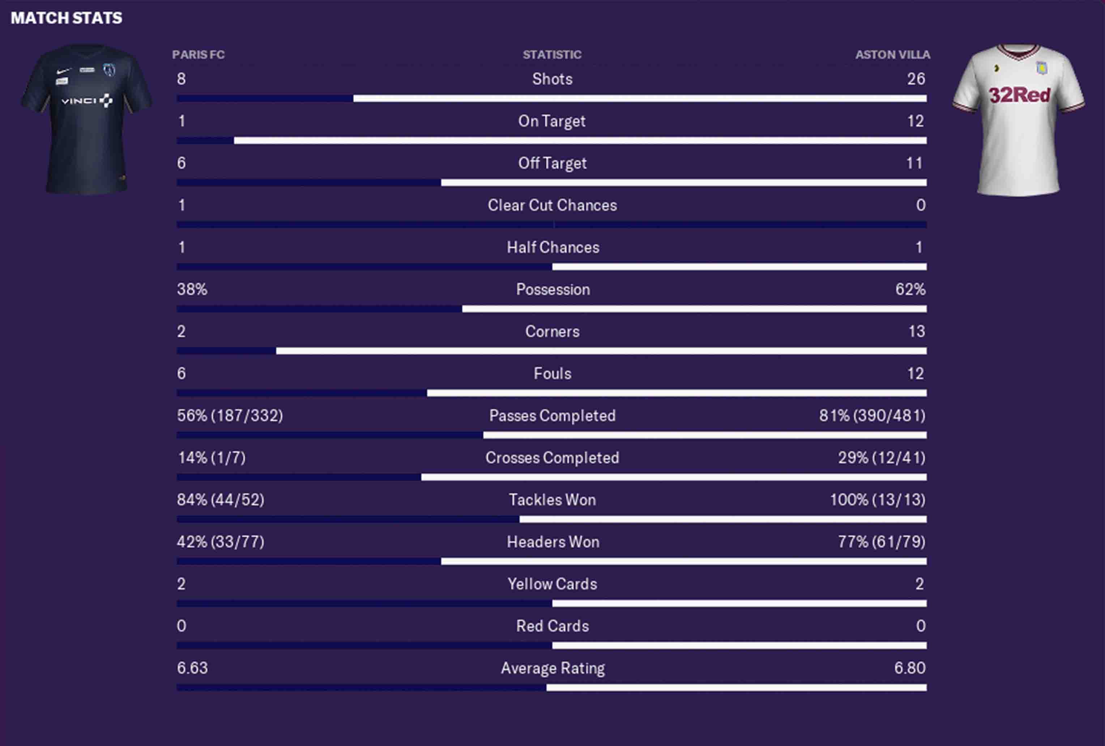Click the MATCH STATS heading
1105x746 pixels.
click(66, 18)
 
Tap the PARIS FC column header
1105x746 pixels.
click(198, 55)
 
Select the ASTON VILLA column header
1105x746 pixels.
click(892, 55)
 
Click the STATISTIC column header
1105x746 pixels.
click(552, 55)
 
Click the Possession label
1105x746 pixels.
click(552, 290)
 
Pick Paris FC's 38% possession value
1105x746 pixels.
click(192, 290)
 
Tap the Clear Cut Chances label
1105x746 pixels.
click(552, 205)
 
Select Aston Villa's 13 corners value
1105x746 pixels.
click(916, 331)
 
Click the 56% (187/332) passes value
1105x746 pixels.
click(230, 415)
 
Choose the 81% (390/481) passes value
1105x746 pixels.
click(872, 415)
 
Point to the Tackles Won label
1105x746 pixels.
click(552, 500)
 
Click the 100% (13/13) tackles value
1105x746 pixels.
click(877, 500)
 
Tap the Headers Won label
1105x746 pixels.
click(552, 542)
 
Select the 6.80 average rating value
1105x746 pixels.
click(910, 668)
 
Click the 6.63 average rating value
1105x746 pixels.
click(192, 668)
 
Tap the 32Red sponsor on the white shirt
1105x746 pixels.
click(1019, 95)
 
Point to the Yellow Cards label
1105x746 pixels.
click(552, 584)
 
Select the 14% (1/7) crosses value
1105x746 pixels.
click(212, 458)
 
